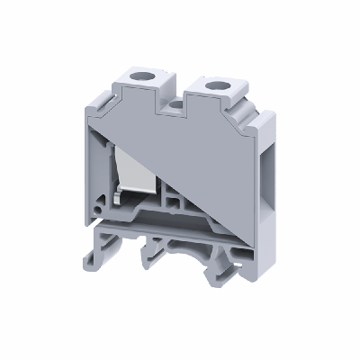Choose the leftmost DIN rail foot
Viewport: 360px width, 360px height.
[112, 255]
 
